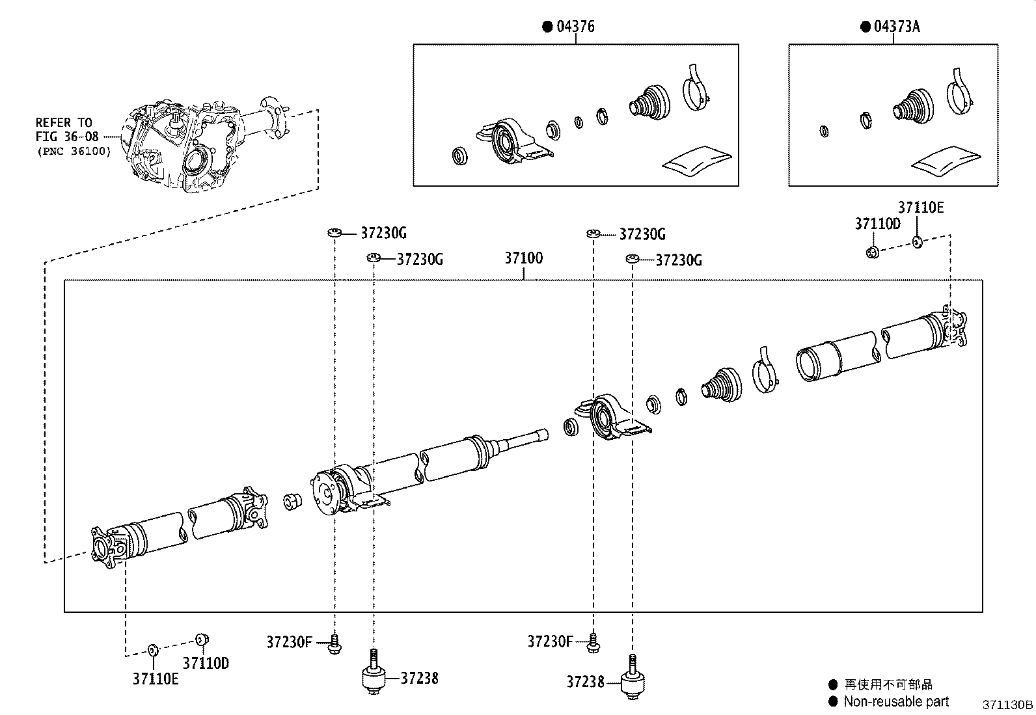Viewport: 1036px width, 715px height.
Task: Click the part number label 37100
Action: tap(523, 258)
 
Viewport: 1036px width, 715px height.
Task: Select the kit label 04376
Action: tap(575, 27)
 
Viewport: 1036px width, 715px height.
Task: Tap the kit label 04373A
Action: tap(896, 27)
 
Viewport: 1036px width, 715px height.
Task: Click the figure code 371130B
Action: tap(1007, 705)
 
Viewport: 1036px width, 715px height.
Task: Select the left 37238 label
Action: tap(418, 678)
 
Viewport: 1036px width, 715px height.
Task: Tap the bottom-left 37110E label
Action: tap(156, 679)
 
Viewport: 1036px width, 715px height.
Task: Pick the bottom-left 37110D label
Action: tap(206, 663)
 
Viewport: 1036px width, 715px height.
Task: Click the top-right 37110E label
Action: tap(920, 208)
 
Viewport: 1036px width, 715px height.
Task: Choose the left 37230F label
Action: tap(289, 642)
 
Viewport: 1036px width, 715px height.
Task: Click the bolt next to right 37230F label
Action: tap(593, 643)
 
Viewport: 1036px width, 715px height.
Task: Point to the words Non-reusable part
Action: tap(895, 701)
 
